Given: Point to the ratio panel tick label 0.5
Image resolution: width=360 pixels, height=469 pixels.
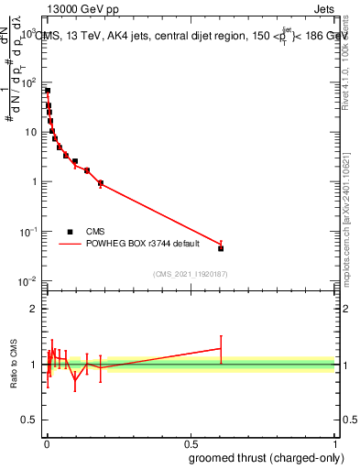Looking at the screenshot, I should point(29,420).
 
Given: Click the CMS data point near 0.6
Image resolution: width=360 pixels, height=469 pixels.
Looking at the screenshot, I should point(221,248).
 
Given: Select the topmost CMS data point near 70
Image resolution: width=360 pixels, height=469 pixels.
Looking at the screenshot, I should point(48,91).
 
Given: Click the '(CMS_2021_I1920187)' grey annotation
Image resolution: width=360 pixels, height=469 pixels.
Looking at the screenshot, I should point(191,274).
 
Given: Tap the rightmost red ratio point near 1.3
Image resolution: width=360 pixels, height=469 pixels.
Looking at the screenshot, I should point(221,348).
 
